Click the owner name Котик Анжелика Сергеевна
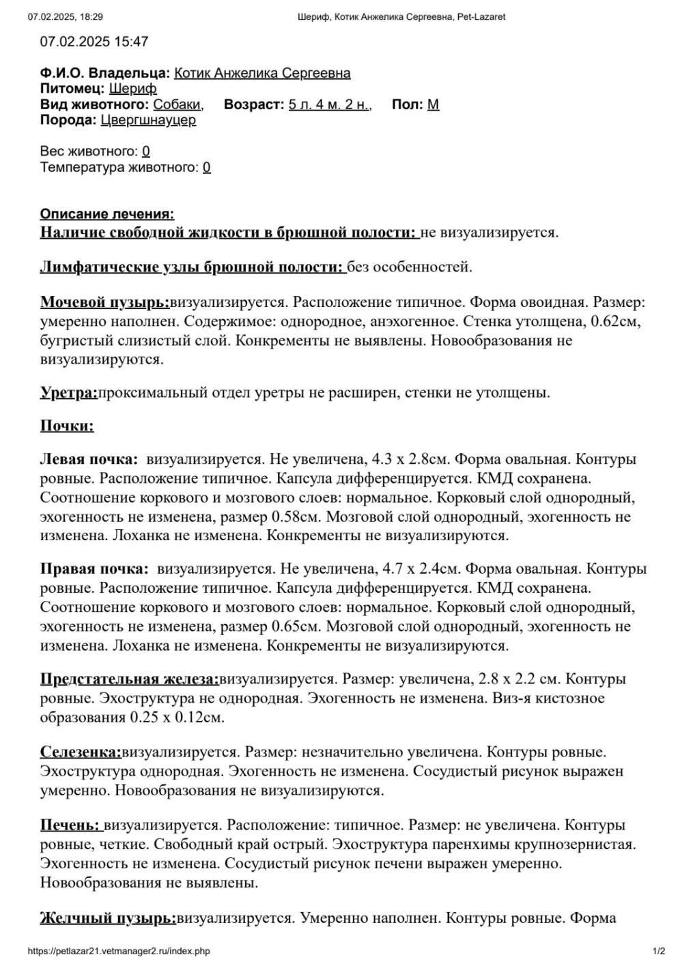262,73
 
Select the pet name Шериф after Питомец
132,89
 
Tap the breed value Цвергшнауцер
148,120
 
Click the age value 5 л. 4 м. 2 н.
329,104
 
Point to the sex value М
433,104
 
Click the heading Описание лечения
107,214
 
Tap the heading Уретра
68,392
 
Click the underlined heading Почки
67,426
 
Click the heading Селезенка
80,752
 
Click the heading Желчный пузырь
107,918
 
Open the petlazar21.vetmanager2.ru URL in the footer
119,951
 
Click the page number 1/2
659,951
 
